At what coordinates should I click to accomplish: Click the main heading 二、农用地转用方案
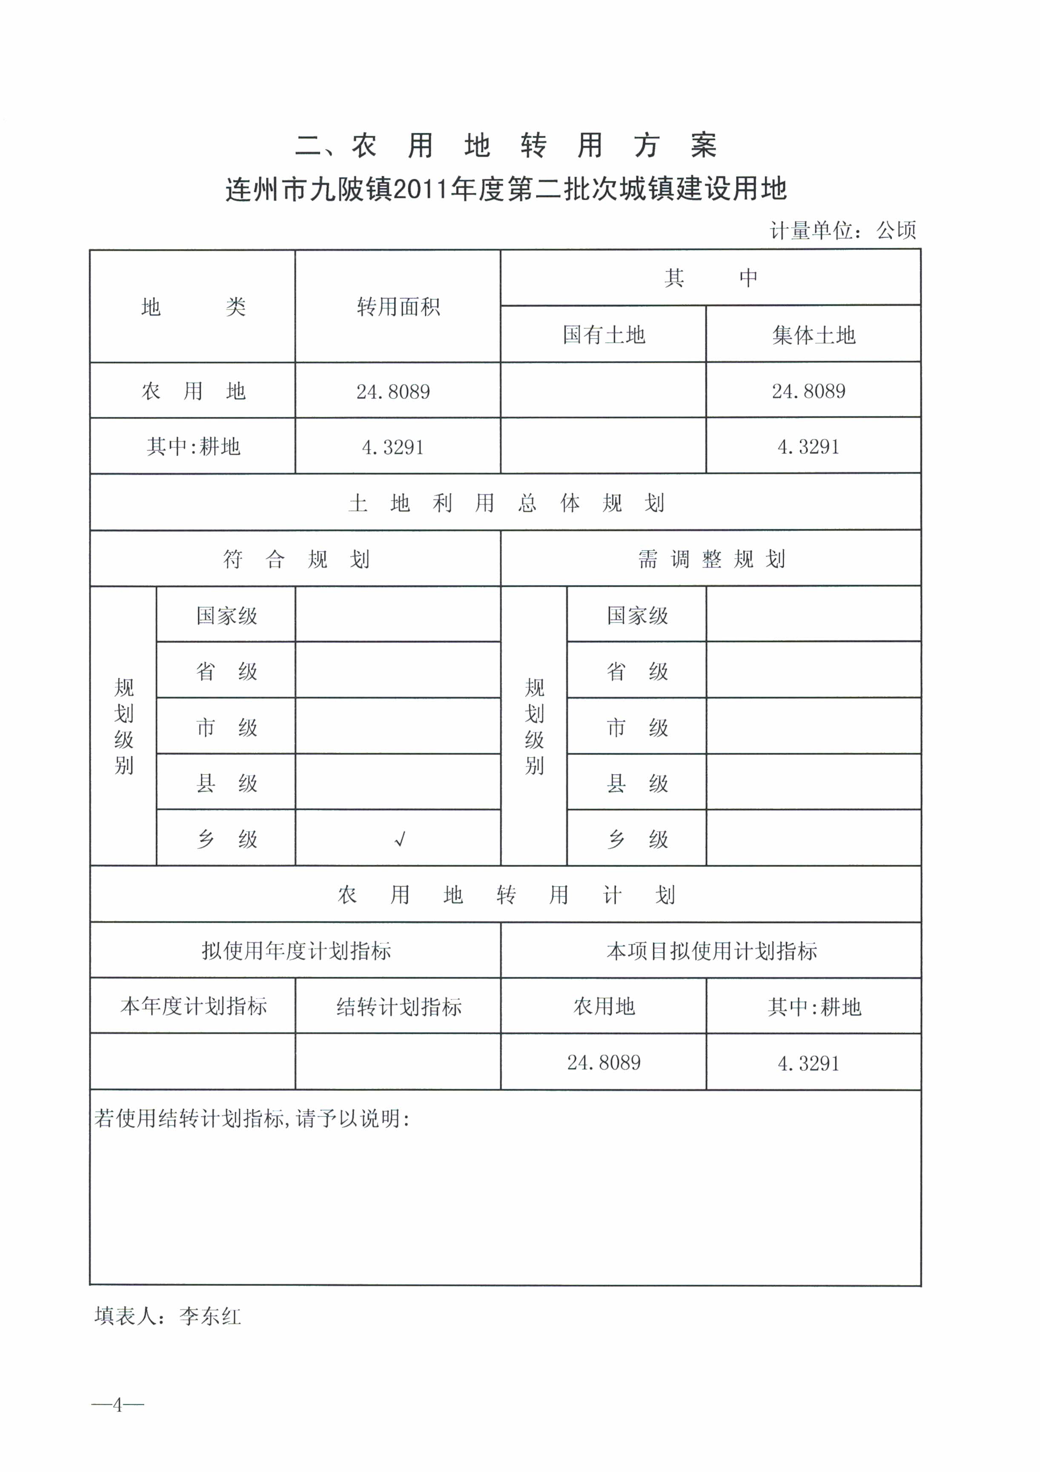(x=506, y=146)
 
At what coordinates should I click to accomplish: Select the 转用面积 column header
(x=398, y=307)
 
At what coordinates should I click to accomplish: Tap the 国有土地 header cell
(x=604, y=335)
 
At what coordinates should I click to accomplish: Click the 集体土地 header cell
(x=813, y=335)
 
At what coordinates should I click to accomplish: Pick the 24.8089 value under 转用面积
(x=393, y=392)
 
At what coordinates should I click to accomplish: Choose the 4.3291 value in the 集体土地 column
(x=808, y=447)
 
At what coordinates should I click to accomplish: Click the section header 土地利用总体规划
(x=506, y=503)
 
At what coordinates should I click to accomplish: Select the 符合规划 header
(x=295, y=560)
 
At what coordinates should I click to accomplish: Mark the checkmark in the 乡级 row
(x=400, y=839)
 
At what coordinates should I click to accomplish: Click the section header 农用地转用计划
(x=506, y=895)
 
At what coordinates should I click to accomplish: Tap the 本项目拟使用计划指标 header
(x=711, y=951)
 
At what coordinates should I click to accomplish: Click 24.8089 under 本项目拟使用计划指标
(x=604, y=1063)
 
